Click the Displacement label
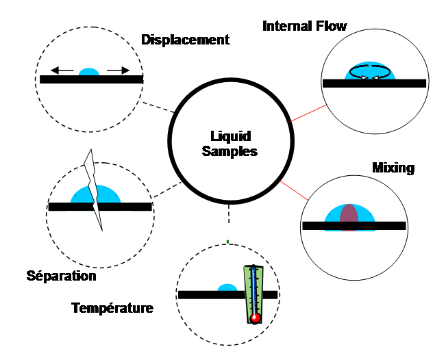coord(185,40)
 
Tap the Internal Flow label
coord(304,26)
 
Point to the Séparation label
coord(61,277)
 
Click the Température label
coord(112,308)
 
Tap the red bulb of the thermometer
coord(255,318)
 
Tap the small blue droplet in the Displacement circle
coord(89,71)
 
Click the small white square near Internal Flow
coord(314,53)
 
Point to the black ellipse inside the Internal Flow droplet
coord(371,70)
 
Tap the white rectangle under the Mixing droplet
coord(354,244)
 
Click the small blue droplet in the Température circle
coord(227,287)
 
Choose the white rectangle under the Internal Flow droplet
coord(369,99)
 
